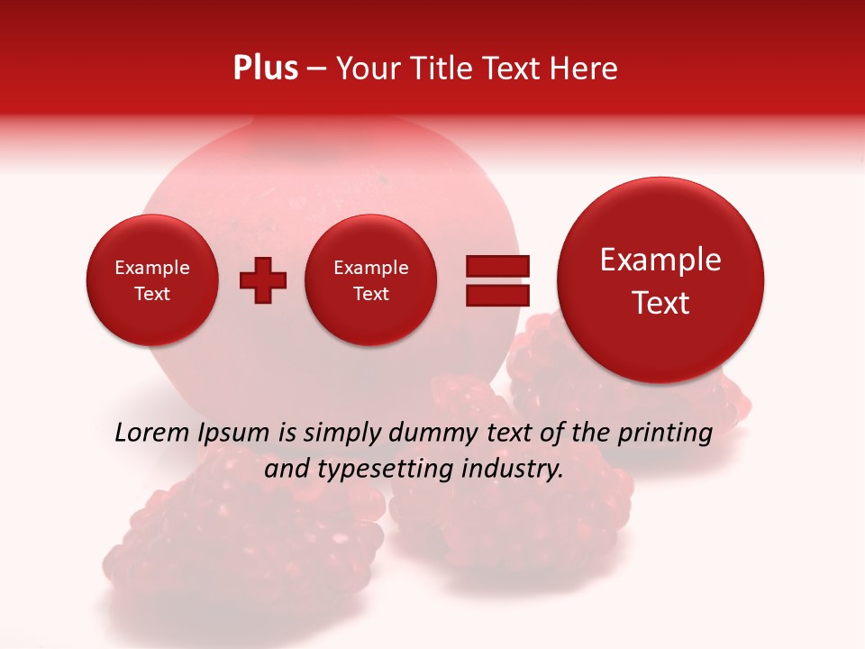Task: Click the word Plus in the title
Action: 265,69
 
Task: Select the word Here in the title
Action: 585,69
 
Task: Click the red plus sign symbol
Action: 262,280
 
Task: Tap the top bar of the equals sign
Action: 497,266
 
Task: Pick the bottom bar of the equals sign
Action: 497,295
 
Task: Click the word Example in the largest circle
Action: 660,260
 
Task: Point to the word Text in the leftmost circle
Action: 152,294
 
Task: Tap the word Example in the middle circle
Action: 371,268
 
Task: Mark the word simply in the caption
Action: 342,434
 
